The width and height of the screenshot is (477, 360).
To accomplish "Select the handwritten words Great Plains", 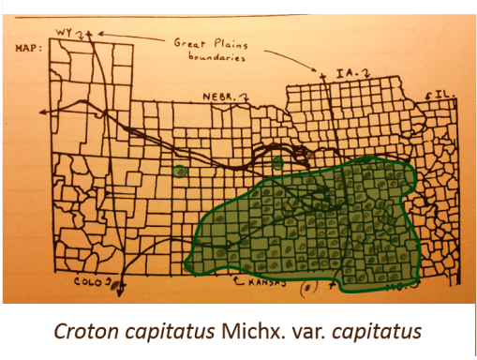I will [205, 42].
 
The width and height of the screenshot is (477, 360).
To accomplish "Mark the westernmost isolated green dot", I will [179, 171].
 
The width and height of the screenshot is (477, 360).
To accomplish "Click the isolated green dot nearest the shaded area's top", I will [277, 164].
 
